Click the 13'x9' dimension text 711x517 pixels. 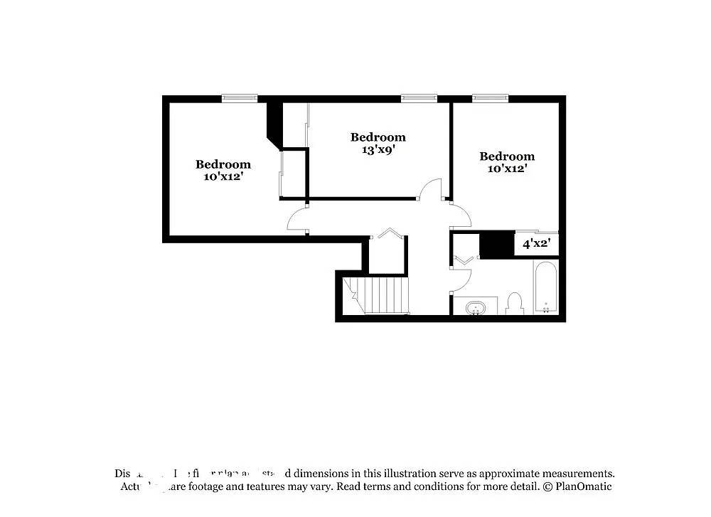[378, 150]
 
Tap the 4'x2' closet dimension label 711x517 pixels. [537, 244]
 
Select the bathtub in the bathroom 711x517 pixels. [546, 288]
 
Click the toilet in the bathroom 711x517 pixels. [515, 304]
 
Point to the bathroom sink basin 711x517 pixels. [474, 308]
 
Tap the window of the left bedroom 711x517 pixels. [239, 99]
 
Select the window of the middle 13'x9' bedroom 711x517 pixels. [419, 99]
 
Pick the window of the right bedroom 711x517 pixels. [491, 99]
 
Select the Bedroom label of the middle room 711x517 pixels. [378, 137]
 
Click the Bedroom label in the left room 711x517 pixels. [223, 164]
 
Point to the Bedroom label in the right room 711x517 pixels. [507, 156]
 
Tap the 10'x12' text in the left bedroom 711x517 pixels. [223, 176]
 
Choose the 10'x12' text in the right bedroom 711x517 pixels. [507, 169]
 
